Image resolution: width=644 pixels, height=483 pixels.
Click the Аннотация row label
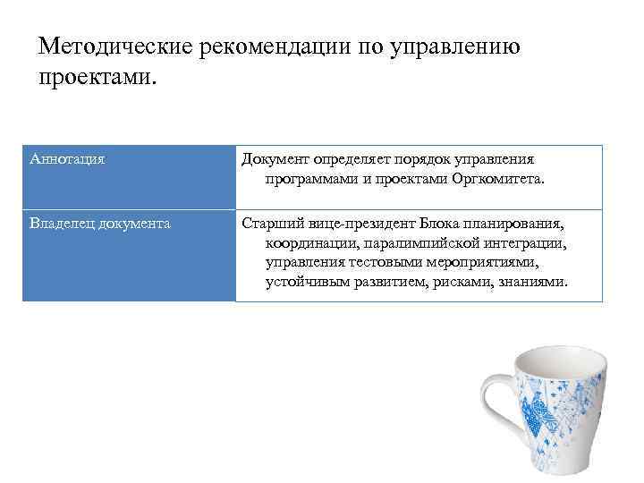[67, 159]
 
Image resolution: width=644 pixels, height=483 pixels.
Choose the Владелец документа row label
[100, 223]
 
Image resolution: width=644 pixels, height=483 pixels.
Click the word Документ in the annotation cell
[275, 159]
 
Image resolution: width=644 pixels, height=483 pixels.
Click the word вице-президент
[360, 223]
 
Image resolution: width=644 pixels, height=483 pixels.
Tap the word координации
[309, 242]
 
